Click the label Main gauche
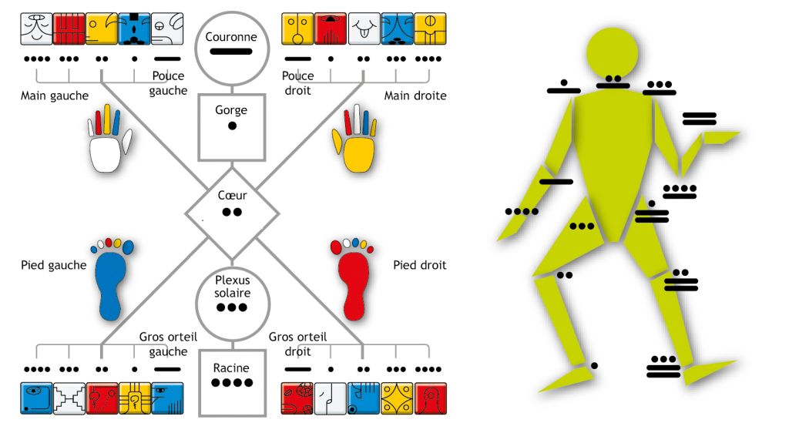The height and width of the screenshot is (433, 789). coord(55,96)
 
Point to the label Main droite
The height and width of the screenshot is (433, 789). coord(415,96)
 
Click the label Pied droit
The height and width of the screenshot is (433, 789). coord(420,265)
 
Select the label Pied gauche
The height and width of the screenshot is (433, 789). coord(54,265)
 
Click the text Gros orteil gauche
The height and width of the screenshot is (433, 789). coord(163,344)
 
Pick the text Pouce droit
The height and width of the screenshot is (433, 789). coord(298,83)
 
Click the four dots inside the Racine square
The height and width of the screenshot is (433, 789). coord(231,383)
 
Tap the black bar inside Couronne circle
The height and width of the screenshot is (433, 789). coord(231,52)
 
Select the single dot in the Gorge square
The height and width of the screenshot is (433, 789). coord(231,126)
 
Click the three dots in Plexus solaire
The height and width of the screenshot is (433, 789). coord(231,307)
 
